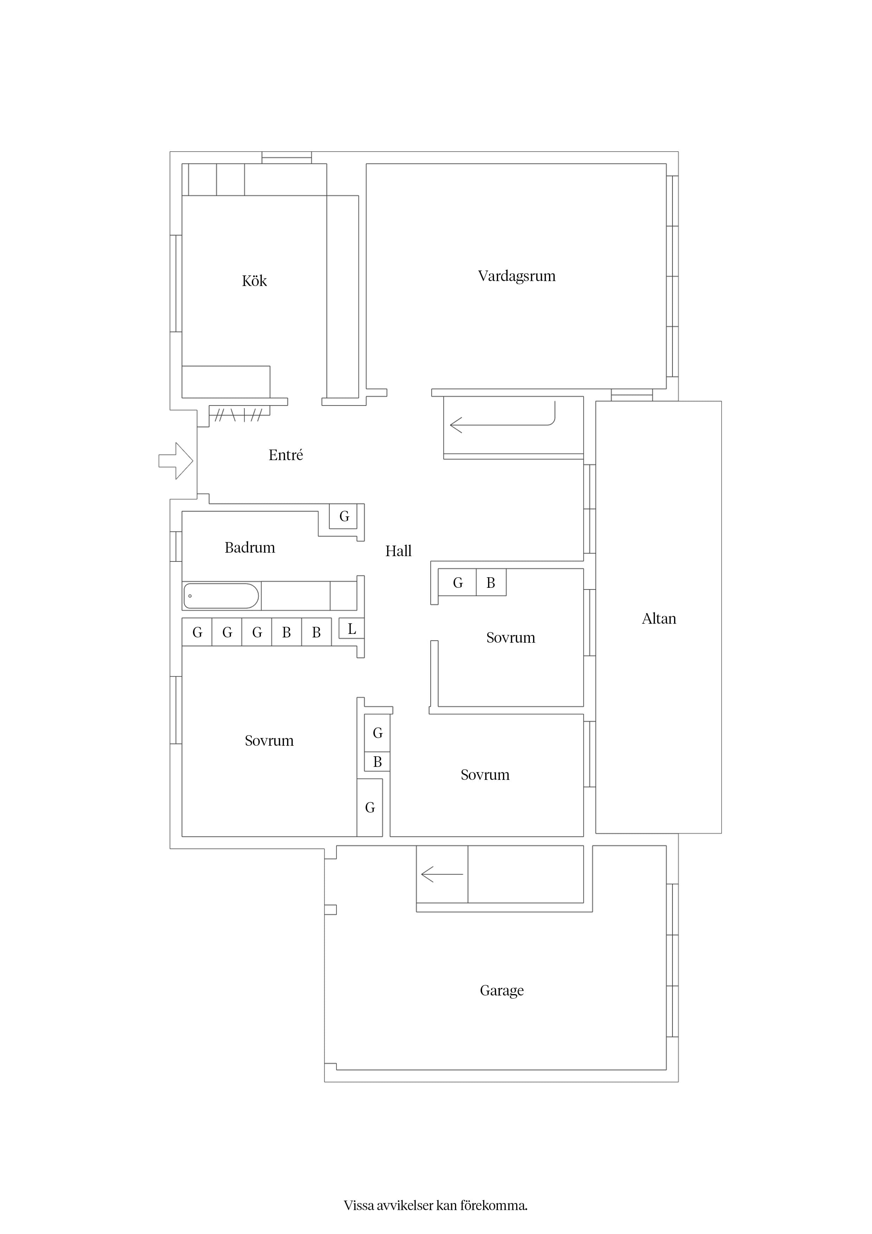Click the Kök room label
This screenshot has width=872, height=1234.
[x=254, y=281]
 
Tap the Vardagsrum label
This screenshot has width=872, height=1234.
[x=517, y=276]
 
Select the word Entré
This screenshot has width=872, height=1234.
[x=286, y=455]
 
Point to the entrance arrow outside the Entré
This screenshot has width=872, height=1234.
[x=176, y=460]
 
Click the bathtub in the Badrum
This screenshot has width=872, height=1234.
[x=222, y=596]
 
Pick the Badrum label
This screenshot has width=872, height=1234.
[x=250, y=548]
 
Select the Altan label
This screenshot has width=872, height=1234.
[x=659, y=619]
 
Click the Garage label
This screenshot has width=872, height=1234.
[x=502, y=991]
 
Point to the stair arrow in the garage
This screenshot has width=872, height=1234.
[x=442, y=874]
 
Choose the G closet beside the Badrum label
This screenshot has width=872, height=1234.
[x=344, y=516]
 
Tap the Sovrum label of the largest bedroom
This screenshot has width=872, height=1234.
[x=269, y=740]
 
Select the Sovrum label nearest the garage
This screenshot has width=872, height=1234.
[x=485, y=775]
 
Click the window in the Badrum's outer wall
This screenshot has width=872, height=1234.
[x=176, y=547]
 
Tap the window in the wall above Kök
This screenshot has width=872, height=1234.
[x=287, y=158]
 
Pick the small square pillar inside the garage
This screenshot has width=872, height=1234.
[x=331, y=909]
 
